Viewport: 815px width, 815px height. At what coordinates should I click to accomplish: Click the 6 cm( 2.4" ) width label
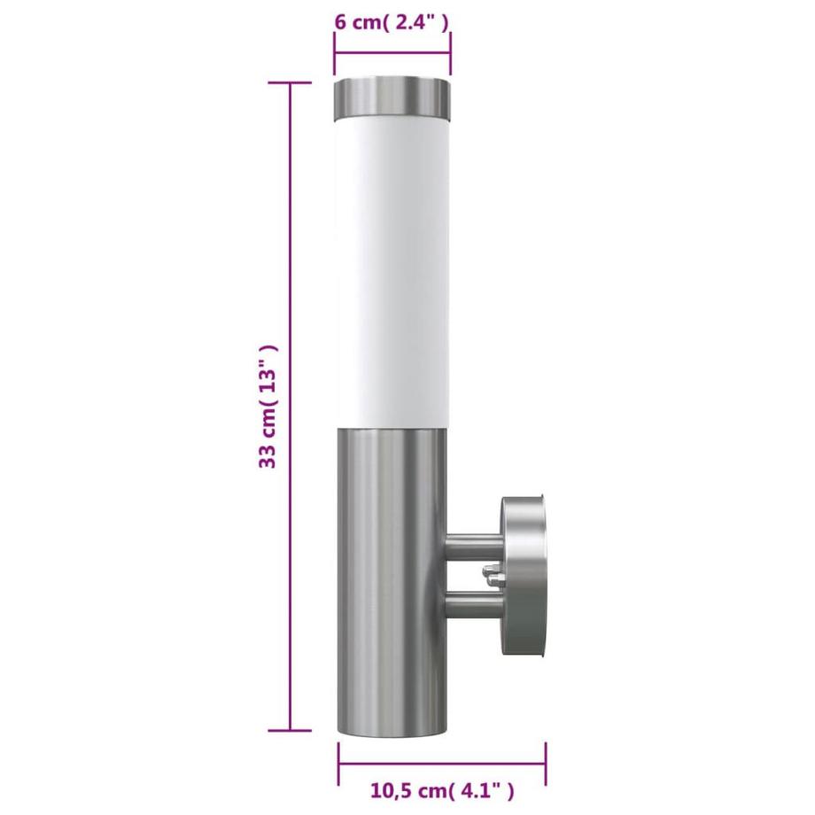tap(392, 22)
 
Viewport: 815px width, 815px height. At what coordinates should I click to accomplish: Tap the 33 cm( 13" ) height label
tap(270, 407)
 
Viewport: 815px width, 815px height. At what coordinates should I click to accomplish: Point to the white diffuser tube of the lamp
tap(392, 266)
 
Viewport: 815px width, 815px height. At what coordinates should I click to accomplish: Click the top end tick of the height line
tap(291, 82)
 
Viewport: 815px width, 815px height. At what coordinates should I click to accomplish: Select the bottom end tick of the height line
tap(291, 731)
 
